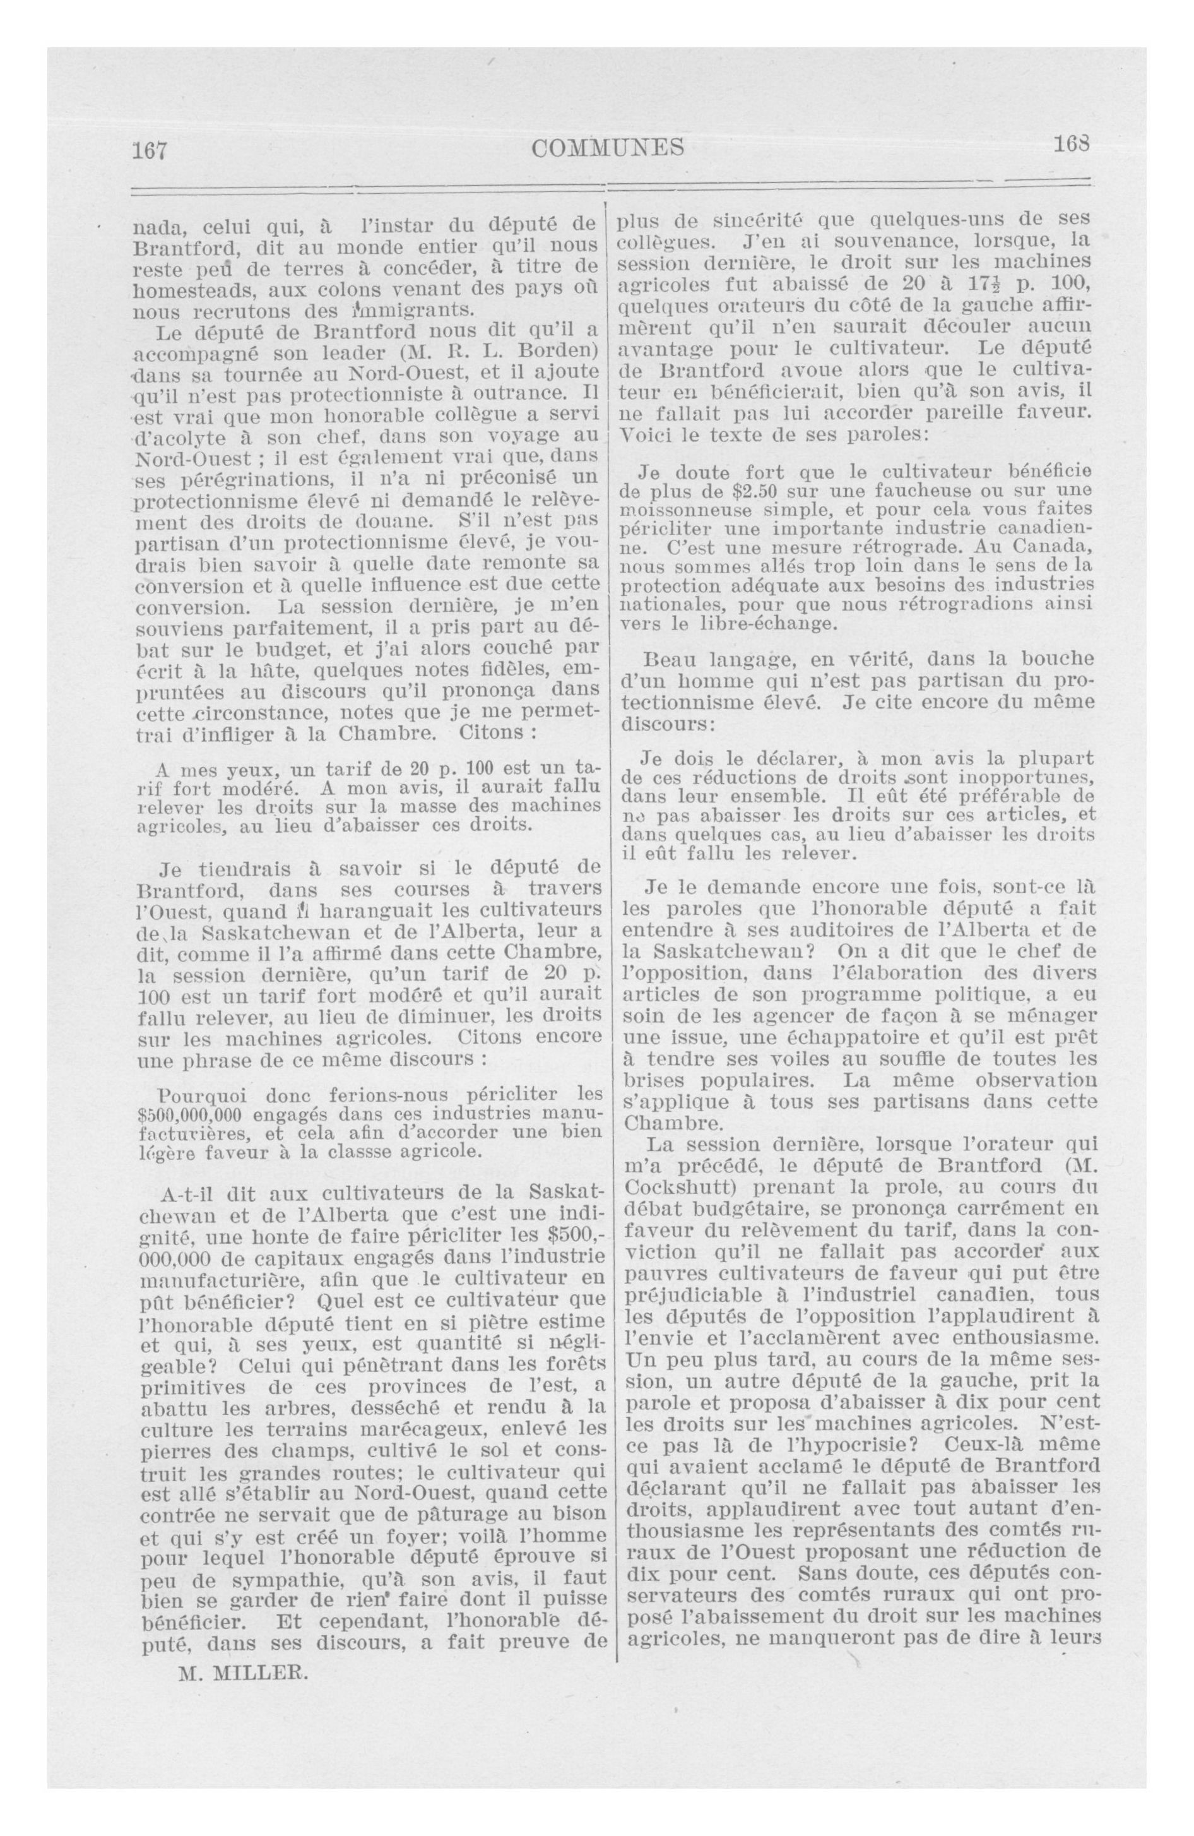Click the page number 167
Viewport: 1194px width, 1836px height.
pos(150,150)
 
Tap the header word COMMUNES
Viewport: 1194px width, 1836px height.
pos(608,146)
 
